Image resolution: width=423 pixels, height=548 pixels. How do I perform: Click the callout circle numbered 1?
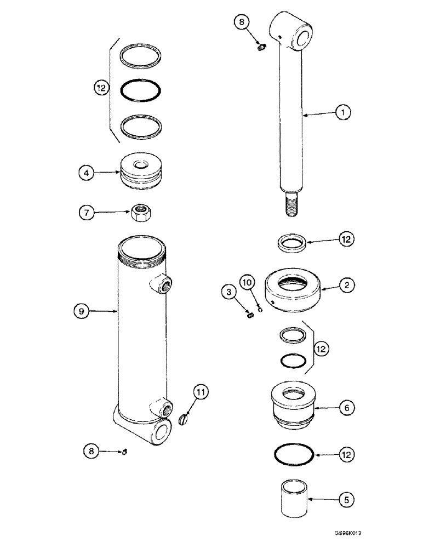click(x=344, y=113)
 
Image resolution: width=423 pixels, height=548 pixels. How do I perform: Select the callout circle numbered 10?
click(x=247, y=283)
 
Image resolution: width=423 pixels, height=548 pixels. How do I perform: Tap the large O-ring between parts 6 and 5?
click(x=293, y=454)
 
